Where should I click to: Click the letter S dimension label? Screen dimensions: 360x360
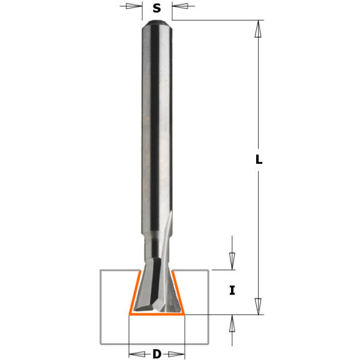click(x=157, y=8)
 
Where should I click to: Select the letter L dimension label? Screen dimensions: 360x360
click(x=259, y=160)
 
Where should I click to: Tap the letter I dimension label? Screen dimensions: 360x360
click(x=232, y=291)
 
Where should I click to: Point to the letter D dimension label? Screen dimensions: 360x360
click(x=157, y=354)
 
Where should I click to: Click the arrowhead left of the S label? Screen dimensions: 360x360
click(x=135, y=7)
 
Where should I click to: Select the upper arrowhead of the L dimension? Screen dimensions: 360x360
click(x=259, y=29)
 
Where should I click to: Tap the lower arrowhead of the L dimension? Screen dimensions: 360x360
click(x=259, y=306)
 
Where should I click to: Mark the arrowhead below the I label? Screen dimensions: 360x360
click(x=232, y=323)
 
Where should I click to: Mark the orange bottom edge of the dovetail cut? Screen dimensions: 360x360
click(x=157, y=314)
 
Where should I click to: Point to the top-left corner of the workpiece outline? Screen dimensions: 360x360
click(x=100, y=271)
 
